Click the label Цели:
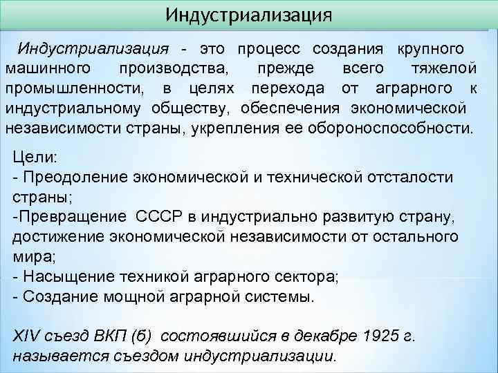(x=32, y=157)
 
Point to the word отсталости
(x=414, y=178)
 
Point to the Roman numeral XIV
(x=28, y=336)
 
